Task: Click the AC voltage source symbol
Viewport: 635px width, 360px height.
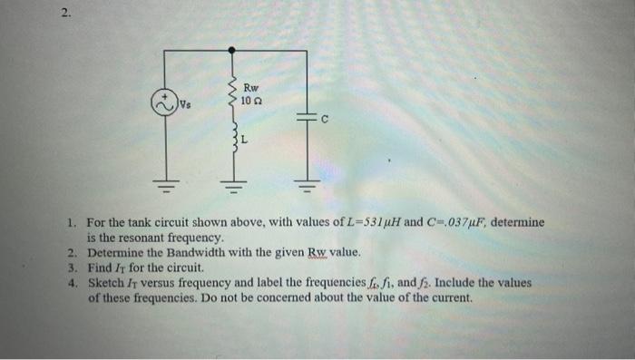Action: tap(164, 102)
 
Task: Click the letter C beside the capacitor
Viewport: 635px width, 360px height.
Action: tap(323, 119)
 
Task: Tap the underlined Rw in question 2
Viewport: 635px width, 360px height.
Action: tap(318, 252)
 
